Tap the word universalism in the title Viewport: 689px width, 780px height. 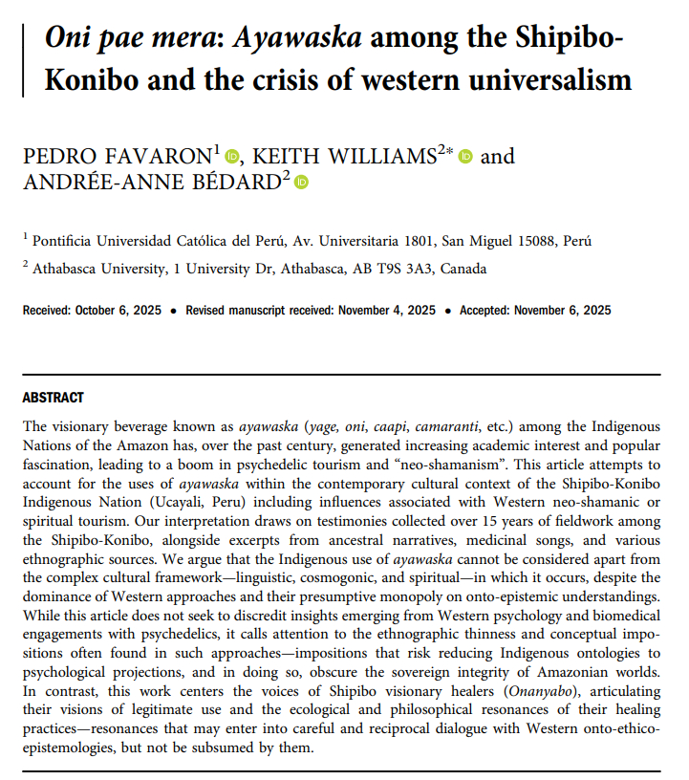(547, 79)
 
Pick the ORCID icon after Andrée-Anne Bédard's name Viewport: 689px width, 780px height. (301, 182)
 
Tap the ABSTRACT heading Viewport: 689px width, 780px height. (53, 398)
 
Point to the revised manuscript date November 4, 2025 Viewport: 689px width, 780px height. (383, 311)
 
